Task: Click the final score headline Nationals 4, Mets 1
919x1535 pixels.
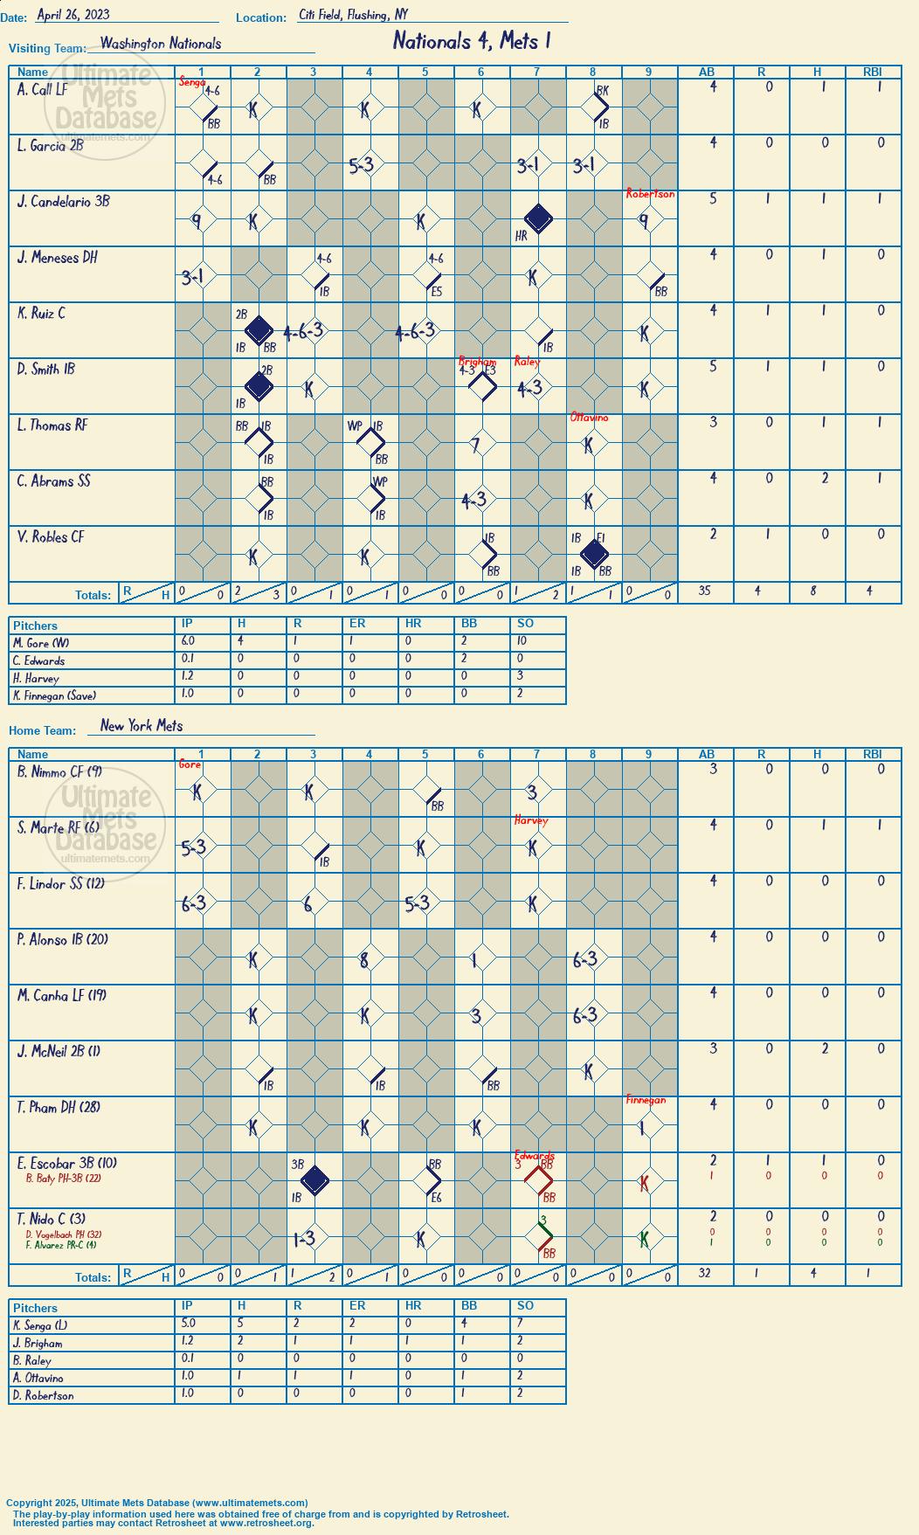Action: pos(472,41)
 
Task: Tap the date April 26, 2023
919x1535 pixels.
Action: pos(73,15)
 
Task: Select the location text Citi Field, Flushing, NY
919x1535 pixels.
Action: pos(353,15)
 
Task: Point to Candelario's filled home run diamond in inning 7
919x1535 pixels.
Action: pos(537,218)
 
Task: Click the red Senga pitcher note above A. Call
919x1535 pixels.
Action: pos(191,82)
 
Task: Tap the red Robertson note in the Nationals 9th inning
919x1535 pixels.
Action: pos(650,194)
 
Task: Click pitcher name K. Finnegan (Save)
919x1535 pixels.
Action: pos(54,696)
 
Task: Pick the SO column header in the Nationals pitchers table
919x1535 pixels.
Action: pos(525,624)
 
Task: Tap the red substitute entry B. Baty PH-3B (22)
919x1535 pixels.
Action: pos(63,1178)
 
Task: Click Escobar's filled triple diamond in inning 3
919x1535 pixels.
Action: pos(314,1180)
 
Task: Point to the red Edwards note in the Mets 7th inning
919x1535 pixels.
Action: pos(535,1156)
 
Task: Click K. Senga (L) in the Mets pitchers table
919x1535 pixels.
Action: pos(40,1325)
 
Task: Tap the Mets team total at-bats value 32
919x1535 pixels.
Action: pos(705,1274)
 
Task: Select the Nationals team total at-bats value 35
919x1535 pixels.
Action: pos(705,591)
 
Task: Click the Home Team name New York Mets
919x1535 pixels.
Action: pos(142,726)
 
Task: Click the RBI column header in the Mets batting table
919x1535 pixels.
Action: pos(873,754)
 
